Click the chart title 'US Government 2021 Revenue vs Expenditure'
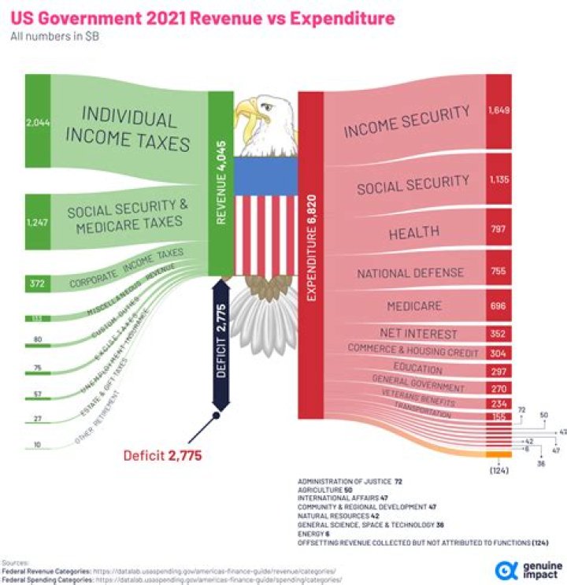(x=202, y=17)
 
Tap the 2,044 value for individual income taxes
(x=37, y=122)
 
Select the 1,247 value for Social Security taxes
(x=37, y=223)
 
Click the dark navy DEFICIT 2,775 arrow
(x=221, y=346)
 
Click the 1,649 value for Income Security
(x=498, y=110)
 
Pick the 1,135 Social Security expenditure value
(x=498, y=180)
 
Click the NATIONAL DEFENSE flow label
(x=410, y=273)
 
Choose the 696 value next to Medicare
(x=498, y=305)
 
